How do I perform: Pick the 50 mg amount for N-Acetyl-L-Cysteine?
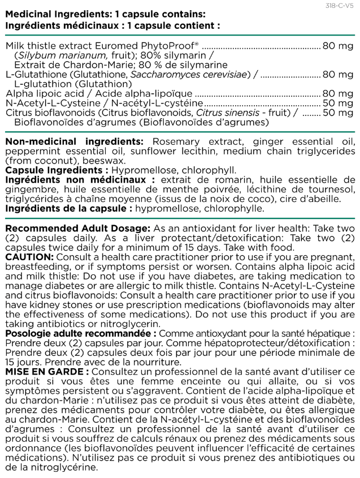[337, 103]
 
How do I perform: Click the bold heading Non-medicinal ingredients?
[74, 141]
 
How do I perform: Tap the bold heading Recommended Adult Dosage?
[77, 228]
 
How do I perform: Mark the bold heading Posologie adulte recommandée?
[79, 334]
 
